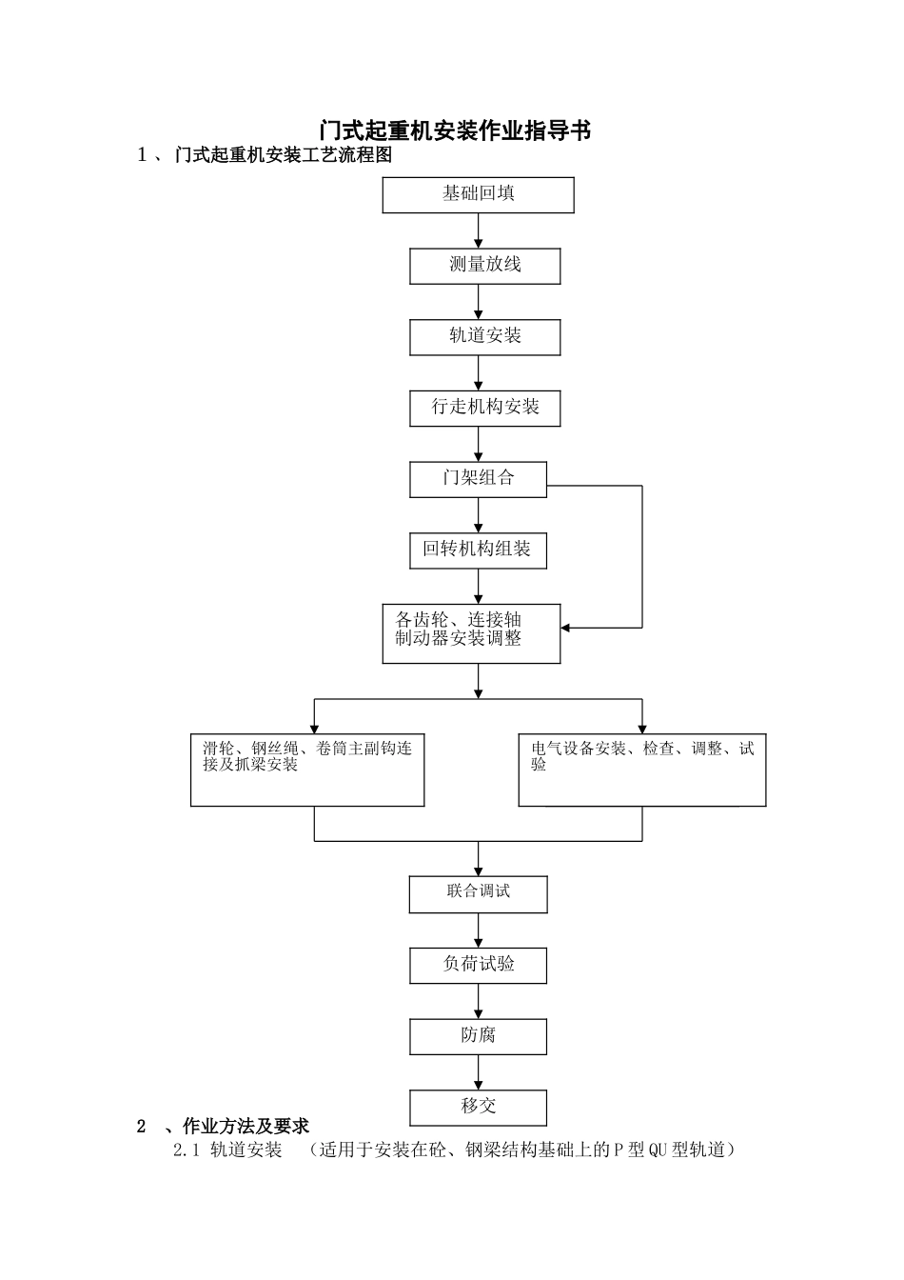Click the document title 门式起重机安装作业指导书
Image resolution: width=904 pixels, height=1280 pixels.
(x=455, y=130)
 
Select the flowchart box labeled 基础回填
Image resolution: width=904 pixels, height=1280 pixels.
(x=478, y=194)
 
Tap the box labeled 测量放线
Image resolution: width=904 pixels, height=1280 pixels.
(x=484, y=266)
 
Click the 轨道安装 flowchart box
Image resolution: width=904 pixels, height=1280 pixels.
(x=484, y=337)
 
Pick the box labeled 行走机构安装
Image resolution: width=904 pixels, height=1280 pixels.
(x=484, y=408)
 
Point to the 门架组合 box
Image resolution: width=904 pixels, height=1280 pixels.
(x=478, y=479)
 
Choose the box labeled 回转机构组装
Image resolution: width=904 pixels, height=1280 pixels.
(x=478, y=550)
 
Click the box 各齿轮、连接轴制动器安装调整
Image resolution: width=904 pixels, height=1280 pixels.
(x=470, y=632)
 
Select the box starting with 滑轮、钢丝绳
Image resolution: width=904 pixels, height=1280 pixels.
(x=307, y=770)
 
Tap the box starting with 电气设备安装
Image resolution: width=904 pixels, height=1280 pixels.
(x=641, y=770)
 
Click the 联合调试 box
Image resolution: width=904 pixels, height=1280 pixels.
(x=478, y=893)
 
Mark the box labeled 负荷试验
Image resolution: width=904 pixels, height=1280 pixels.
(x=478, y=965)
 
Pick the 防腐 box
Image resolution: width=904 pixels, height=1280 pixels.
(x=478, y=1036)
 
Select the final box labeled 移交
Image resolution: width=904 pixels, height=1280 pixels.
(x=478, y=1107)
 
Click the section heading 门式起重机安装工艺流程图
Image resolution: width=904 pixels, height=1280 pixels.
(x=283, y=155)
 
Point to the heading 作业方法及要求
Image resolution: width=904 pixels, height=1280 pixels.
(x=246, y=1127)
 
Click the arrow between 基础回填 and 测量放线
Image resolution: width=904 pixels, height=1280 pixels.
(x=478, y=231)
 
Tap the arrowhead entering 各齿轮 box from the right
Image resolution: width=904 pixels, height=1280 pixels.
(x=566, y=628)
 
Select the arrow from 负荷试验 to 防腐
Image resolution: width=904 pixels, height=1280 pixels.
(x=478, y=1002)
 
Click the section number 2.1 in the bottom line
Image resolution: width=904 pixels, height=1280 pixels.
(x=186, y=1150)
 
